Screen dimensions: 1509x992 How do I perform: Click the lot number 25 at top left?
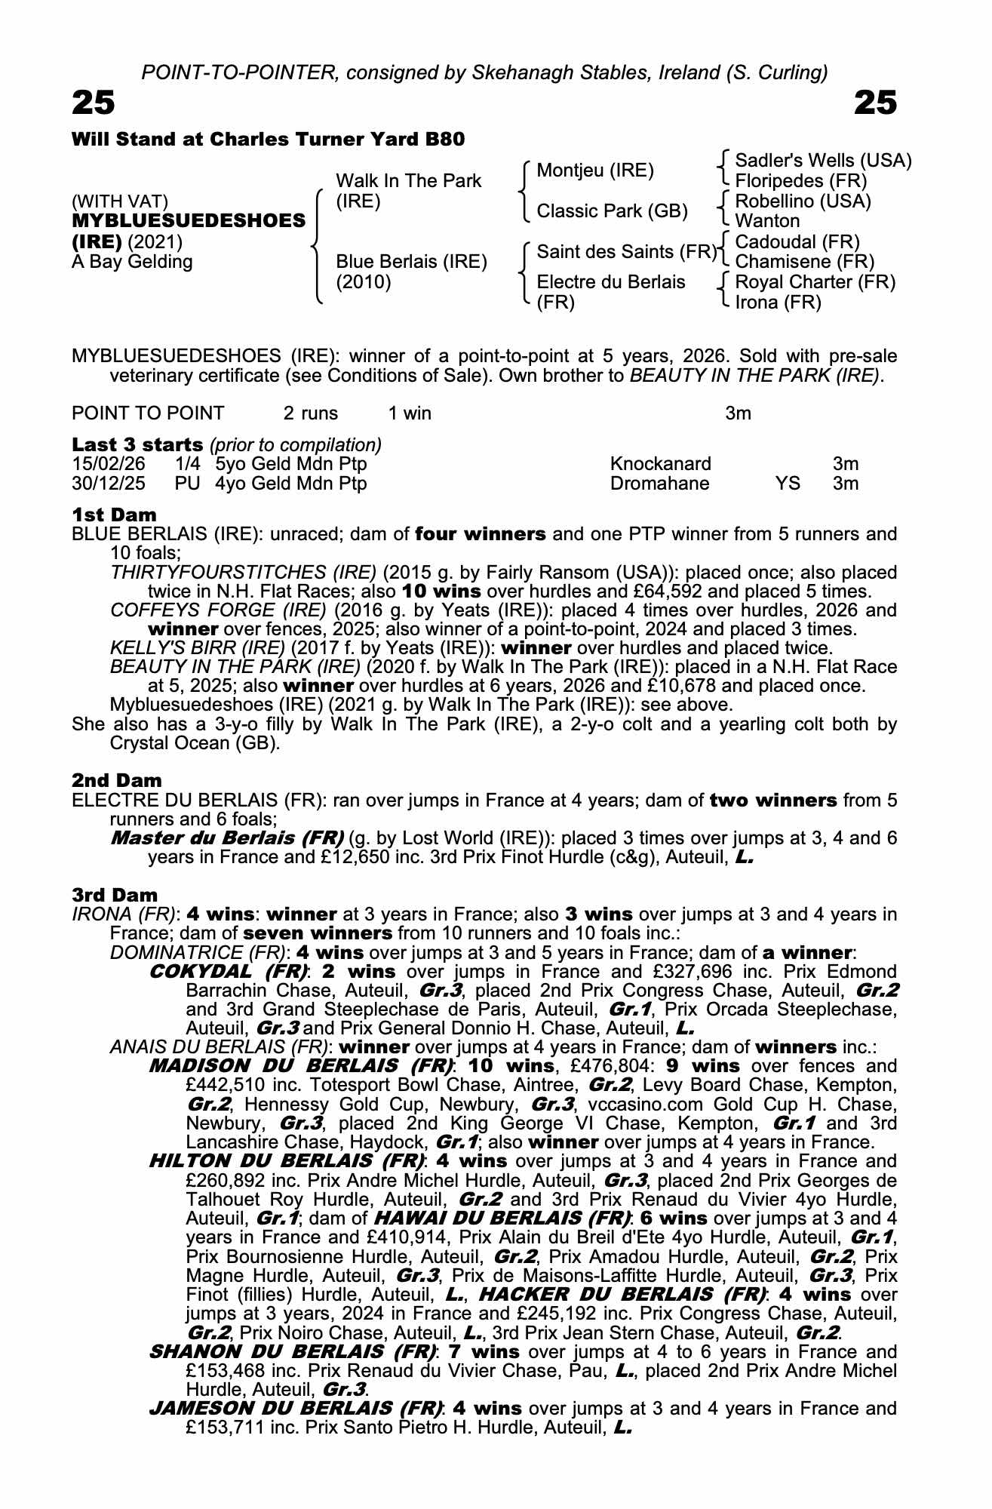coord(94,103)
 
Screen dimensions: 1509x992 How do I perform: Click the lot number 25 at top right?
coord(875,103)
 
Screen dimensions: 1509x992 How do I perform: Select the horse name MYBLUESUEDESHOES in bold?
coord(189,221)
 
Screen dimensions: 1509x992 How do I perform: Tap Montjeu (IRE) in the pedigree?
coord(595,171)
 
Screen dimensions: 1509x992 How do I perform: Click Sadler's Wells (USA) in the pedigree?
coord(823,161)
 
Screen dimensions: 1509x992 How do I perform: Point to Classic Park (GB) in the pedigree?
coord(612,211)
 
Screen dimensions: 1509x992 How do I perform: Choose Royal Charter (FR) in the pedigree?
coord(815,282)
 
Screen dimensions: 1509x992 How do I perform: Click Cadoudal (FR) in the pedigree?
coord(797,242)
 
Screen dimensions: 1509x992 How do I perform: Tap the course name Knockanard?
coord(660,464)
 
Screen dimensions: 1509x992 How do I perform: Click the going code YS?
coord(788,484)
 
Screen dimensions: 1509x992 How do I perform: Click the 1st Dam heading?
coord(114,515)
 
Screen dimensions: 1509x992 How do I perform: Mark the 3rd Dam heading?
coord(115,895)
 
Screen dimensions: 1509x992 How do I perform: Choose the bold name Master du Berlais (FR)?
coord(227,838)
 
